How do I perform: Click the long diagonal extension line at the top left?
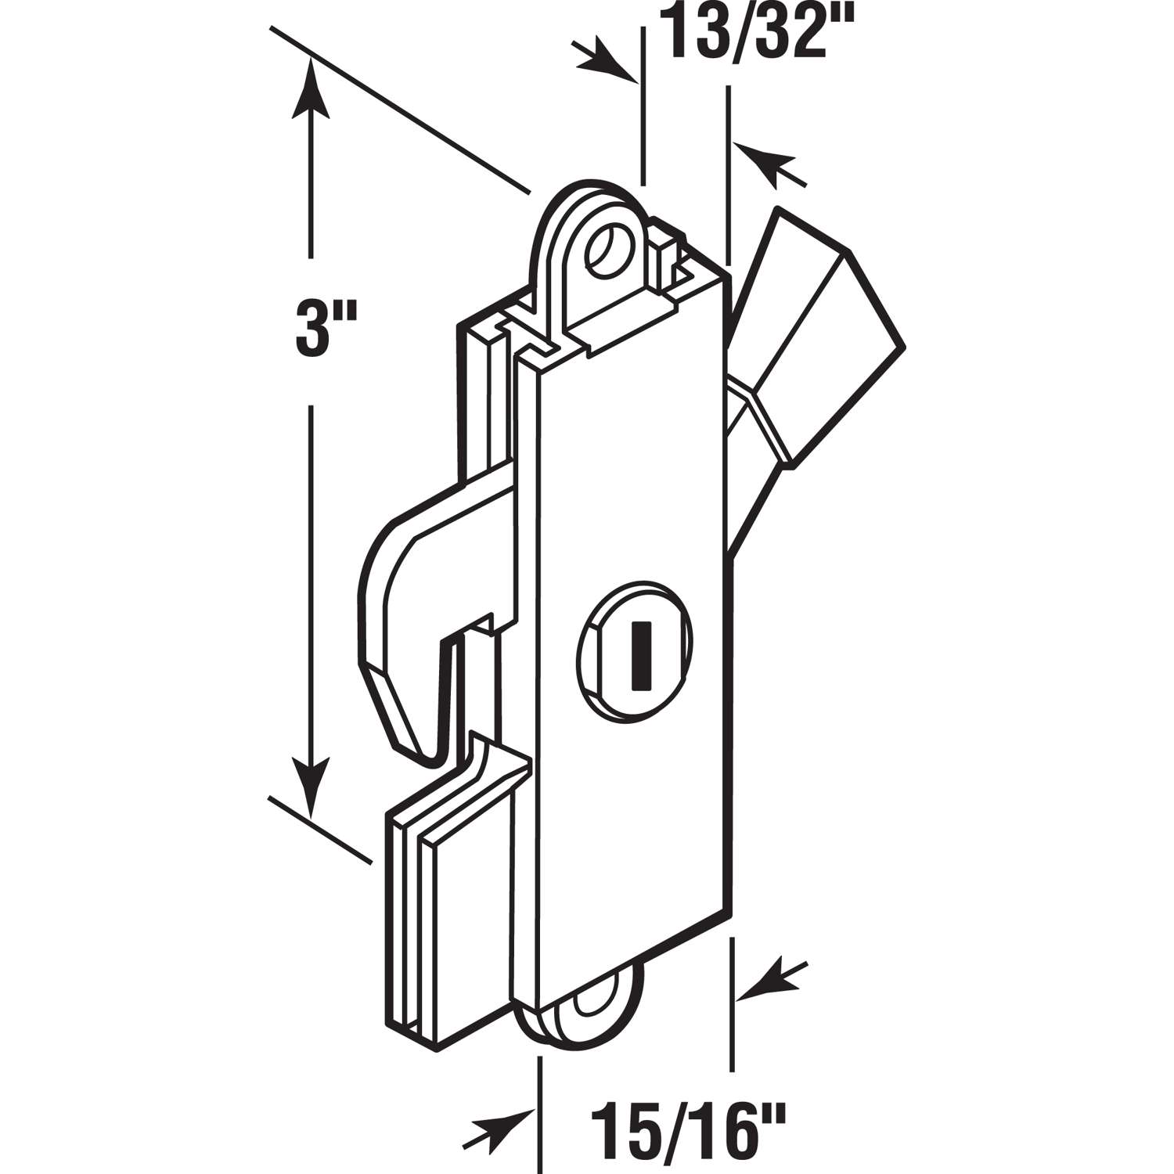click(x=399, y=110)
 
